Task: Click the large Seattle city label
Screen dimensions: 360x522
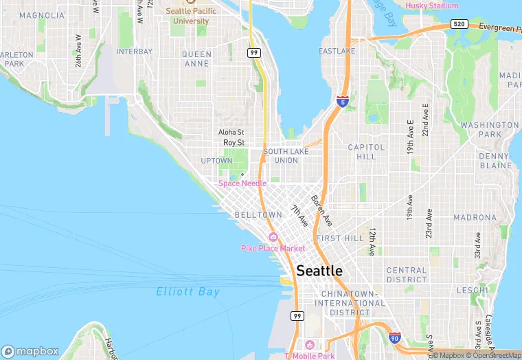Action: coord(319,271)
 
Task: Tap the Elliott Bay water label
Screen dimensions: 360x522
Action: coord(188,291)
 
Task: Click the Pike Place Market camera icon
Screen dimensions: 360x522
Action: coord(273,237)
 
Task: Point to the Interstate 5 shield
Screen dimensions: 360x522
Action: coord(342,102)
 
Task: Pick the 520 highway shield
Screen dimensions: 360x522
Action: coord(459,24)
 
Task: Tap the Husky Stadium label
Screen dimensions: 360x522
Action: coord(431,5)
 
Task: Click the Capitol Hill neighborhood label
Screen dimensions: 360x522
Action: coord(362,152)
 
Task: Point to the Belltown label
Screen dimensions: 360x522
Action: coord(258,215)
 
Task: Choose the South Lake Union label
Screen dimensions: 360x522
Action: coord(280,156)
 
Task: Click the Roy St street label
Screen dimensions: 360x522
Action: coord(234,142)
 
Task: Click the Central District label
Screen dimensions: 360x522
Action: coord(407,275)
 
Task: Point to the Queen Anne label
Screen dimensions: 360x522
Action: coord(197,58)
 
